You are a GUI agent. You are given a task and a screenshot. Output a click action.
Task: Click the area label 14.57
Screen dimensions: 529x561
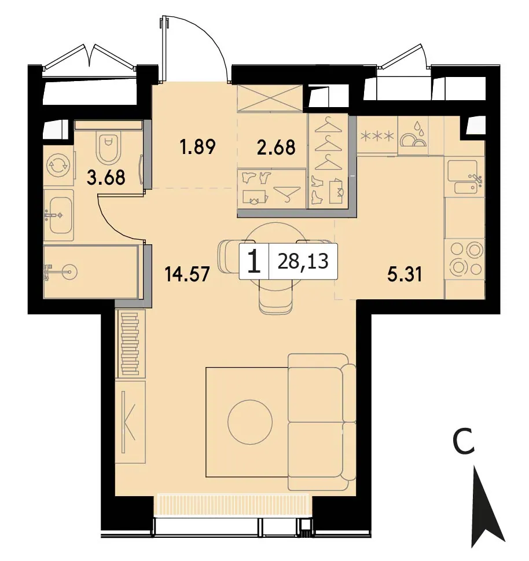(187, 274)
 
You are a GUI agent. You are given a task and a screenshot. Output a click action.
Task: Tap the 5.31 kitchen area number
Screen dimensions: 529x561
(405, 274)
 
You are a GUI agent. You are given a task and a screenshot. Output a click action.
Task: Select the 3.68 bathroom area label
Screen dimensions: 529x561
(107, 177)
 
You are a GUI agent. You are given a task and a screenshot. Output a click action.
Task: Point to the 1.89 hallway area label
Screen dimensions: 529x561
(198, 146)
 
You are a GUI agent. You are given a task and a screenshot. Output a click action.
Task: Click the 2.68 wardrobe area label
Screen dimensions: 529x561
(277, 146)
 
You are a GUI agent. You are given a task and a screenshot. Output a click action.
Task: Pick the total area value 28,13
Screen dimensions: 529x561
(303, 261)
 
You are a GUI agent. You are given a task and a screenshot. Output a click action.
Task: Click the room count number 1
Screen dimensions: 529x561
(254, 261)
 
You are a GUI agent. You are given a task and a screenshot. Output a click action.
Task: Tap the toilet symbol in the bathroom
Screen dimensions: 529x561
(108, 147)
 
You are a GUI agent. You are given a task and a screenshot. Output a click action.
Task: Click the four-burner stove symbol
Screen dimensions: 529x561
(464, 259)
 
